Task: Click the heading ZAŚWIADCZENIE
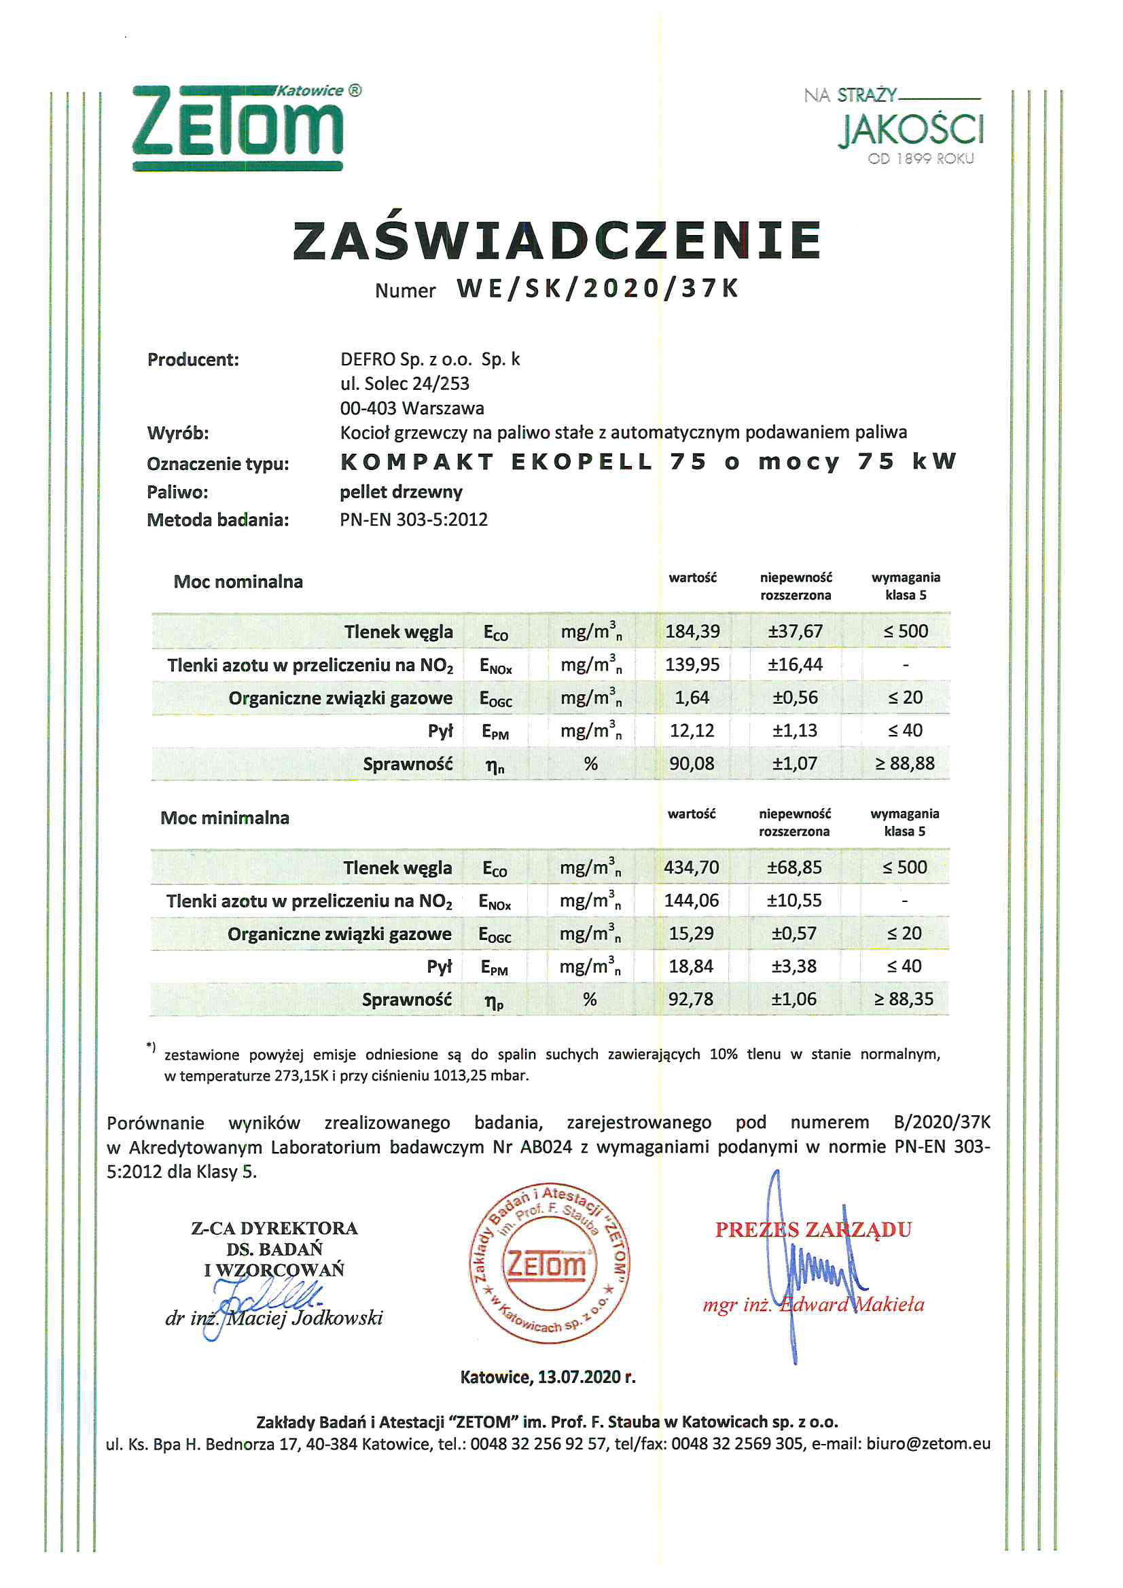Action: (557, 240)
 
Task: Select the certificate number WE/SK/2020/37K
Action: (598, 289)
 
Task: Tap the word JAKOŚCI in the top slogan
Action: (910, 130)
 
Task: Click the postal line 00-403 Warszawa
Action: (412, 408)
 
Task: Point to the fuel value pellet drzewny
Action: (401, 492)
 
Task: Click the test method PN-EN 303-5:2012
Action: (413, 520)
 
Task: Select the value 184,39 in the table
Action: (692, 631)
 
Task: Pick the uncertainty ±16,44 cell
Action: (795, 665)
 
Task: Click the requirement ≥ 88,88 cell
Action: (904, 763)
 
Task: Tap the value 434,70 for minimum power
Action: (691, 867)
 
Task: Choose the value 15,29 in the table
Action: (690, 934)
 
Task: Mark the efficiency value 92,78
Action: (690, 999)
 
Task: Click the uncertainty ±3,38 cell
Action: (794, 967)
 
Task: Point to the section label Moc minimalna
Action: (225, 818)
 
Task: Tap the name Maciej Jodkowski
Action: (304, 1318)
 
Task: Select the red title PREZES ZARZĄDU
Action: (813, 1229)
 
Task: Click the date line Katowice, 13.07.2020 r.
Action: (548, 1376)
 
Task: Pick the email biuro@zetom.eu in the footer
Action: (928, 1443)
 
